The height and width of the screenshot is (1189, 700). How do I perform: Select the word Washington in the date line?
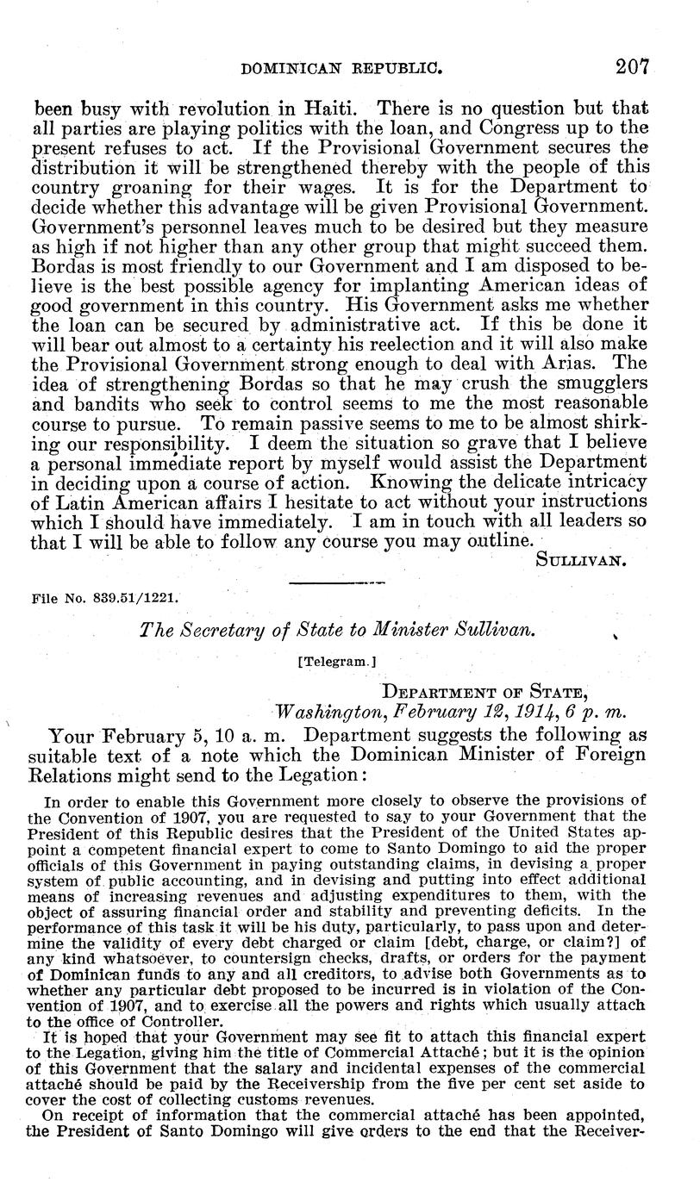(x=319, y=711)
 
